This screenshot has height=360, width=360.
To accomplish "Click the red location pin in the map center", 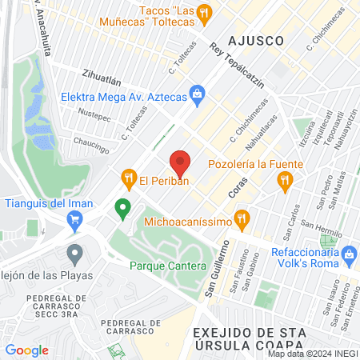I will [x=181, y=163].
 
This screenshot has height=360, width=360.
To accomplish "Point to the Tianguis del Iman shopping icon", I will [x=75, y=223].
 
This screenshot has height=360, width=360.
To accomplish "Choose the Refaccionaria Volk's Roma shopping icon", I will [x=348, y=256].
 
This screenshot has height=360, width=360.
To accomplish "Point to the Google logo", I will [x=26, y=350].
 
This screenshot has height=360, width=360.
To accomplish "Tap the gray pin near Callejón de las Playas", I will [x=75, y=254].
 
